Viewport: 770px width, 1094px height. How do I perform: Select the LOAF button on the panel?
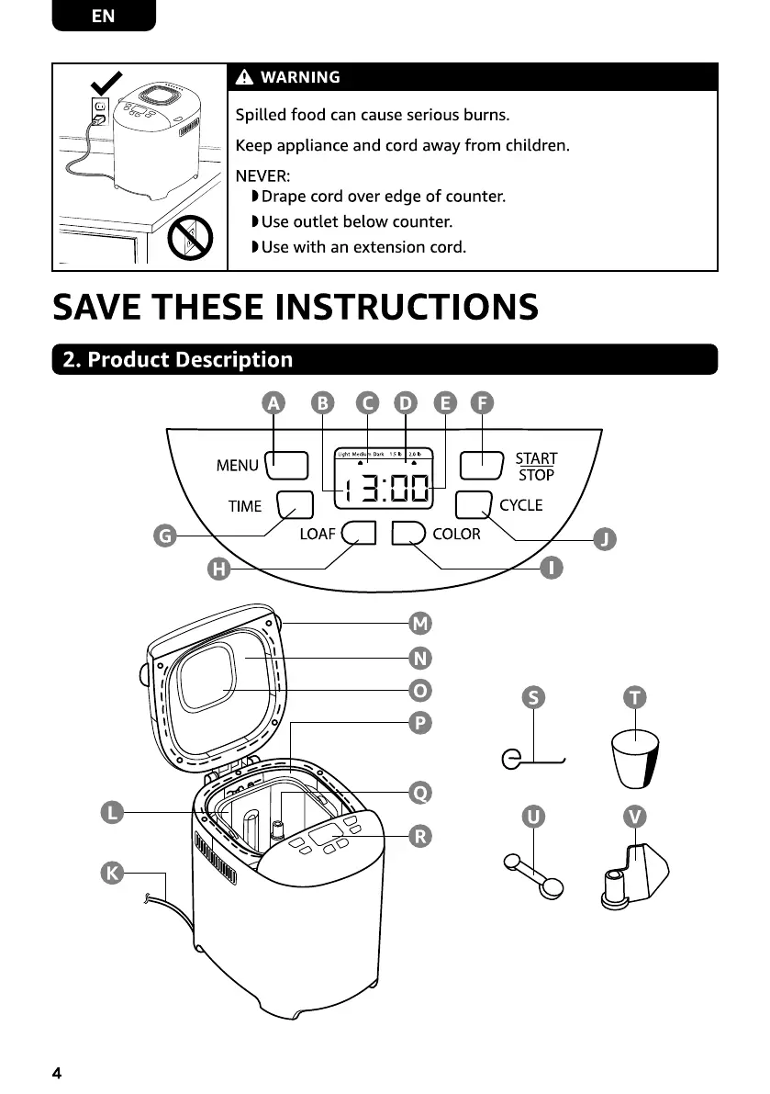click(x=359, y=534)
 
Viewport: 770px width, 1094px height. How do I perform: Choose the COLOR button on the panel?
click(x=407, y=534)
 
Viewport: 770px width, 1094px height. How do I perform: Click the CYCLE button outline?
click(x=474, y=504)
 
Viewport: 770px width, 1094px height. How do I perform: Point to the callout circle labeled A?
click(x=273, y=403)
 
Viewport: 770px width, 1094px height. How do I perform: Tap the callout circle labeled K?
click(x=112, y=874)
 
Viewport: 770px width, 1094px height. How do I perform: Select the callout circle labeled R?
click(x=419, y=836)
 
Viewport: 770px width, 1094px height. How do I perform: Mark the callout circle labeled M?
click(x=419, y=625)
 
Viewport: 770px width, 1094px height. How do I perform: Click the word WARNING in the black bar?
click(x=300, y=77)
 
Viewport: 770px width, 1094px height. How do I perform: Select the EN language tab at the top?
click(x=104, y=17)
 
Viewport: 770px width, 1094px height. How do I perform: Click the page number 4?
click(x=58, y=1073)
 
